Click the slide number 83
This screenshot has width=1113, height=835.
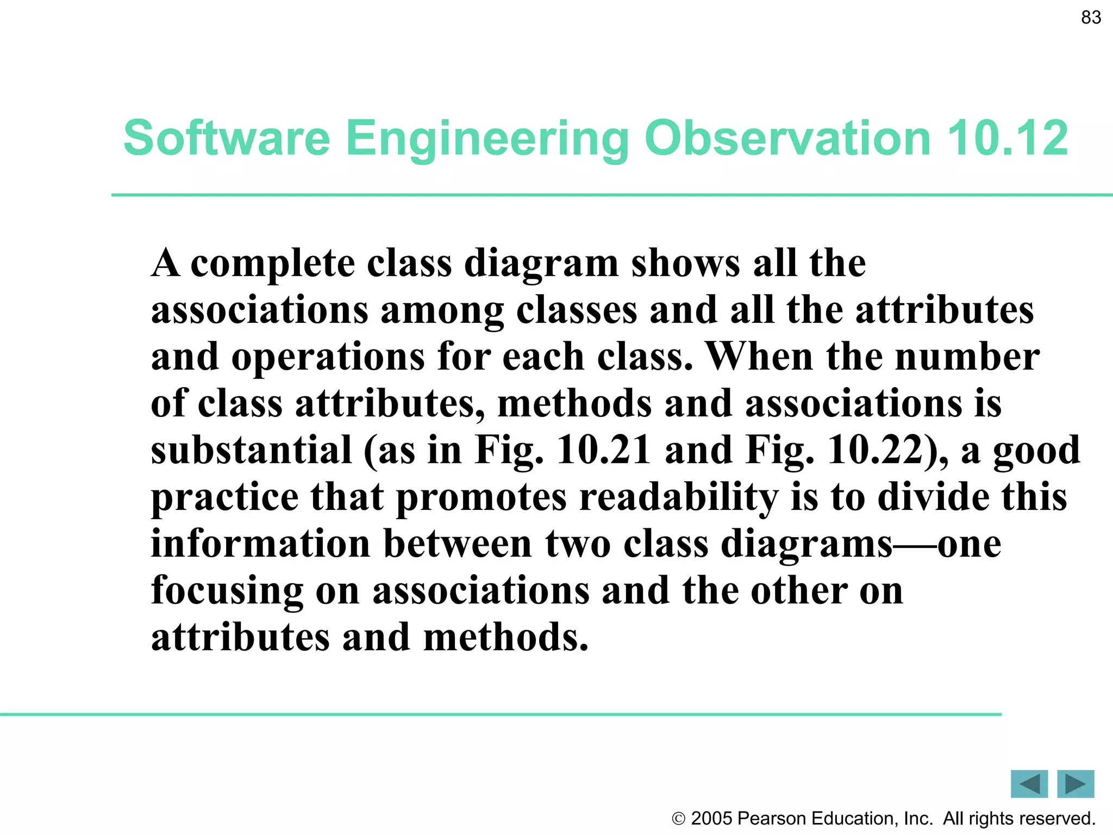pyautogui.click(x=1091, y=17)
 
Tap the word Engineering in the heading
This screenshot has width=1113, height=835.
pyautogui.click(x=487, y=139)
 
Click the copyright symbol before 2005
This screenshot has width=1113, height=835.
pyautogui.click(x=678, y=819)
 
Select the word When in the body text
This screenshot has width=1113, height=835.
pyautogui.click(x=760, y=357)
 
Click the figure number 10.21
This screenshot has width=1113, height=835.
pyautogui.click(x=603, y=451)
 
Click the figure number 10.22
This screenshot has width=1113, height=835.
pyautogui.click(x=875, y=451)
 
